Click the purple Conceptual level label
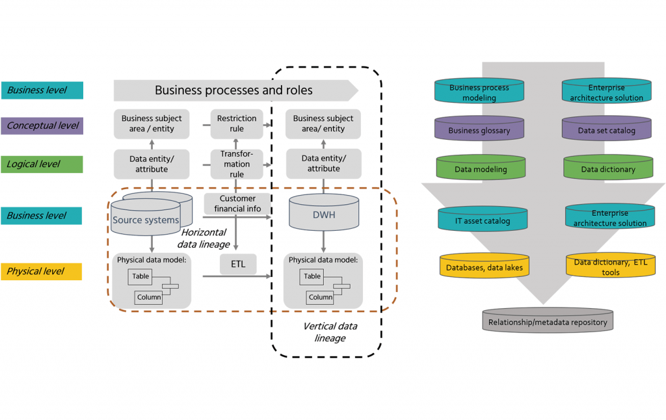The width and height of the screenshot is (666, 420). [x=42, y=125]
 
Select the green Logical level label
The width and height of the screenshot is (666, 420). [x=42, y=164]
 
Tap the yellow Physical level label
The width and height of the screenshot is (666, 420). [x=42, y=271]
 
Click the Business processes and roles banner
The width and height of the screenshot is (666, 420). [x=234, y=90]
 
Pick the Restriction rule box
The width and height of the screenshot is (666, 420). [x=237, y=124]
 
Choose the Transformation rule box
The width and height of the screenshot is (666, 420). [x=237, y=164]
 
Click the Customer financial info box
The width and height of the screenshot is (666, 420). [x=237, y=203]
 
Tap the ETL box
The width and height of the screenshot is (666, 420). [x=238, y=264]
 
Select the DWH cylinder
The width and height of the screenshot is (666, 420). [x=323, y=213]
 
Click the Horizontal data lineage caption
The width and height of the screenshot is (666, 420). [x=204, y=238]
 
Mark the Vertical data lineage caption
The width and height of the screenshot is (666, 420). [x=330, y=332]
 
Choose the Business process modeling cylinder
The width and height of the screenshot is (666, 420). [x=479, y=92]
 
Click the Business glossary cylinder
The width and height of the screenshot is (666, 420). [x=479, y=129]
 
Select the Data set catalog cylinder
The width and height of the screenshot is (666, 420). [x=606, y=129]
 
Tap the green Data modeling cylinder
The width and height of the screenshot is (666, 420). [x=481, y=168]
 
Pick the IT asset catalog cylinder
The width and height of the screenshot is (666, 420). [x=482, y=220]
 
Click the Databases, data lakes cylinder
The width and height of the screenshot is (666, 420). [x=484, y=267]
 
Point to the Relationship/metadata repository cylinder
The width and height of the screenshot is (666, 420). [x=548, y=321]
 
